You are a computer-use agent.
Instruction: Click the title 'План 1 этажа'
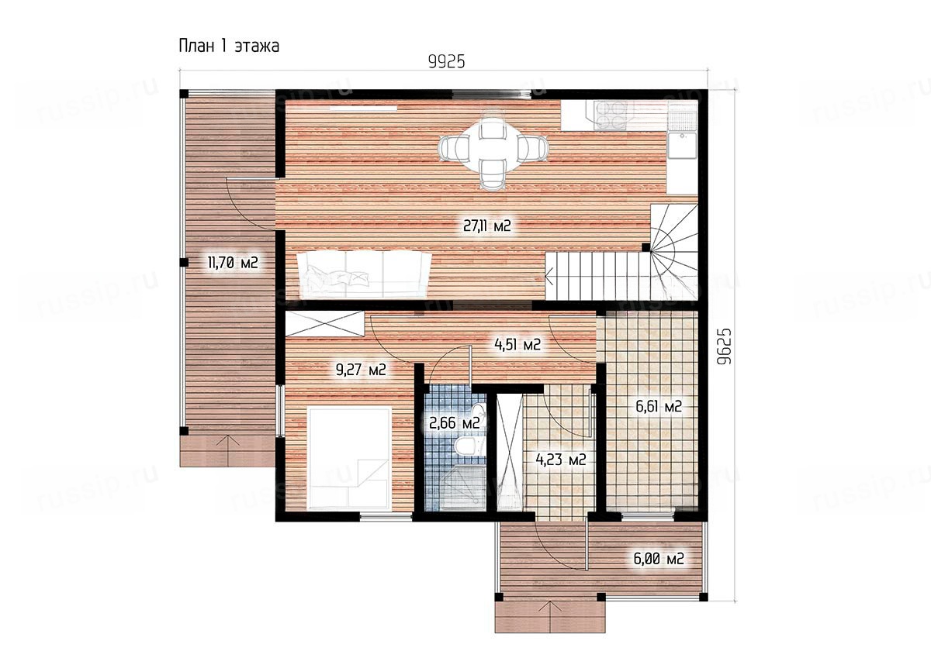coord(229,46)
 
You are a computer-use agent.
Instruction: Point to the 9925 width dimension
coord(446,62)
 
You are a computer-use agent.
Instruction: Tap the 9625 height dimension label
coord(724,346)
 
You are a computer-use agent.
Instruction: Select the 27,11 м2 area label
coord(486,226)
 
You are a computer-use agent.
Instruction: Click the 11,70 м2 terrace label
coord(233,263)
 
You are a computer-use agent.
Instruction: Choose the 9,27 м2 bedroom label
coord(361,370)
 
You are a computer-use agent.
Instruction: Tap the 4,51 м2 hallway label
coord(517,344)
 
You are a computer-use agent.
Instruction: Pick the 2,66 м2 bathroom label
coord(455,423)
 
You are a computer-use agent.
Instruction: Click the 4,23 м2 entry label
coord(561,460)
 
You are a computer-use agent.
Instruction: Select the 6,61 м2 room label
coord(659,406)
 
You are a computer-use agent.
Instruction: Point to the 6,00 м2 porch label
coord(659,559)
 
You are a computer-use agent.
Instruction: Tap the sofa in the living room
coord(364,274)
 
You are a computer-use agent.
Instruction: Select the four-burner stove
coord(610,115)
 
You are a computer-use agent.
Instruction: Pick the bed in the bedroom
coord(349,459)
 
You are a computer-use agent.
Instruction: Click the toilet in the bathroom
coord(468,446)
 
